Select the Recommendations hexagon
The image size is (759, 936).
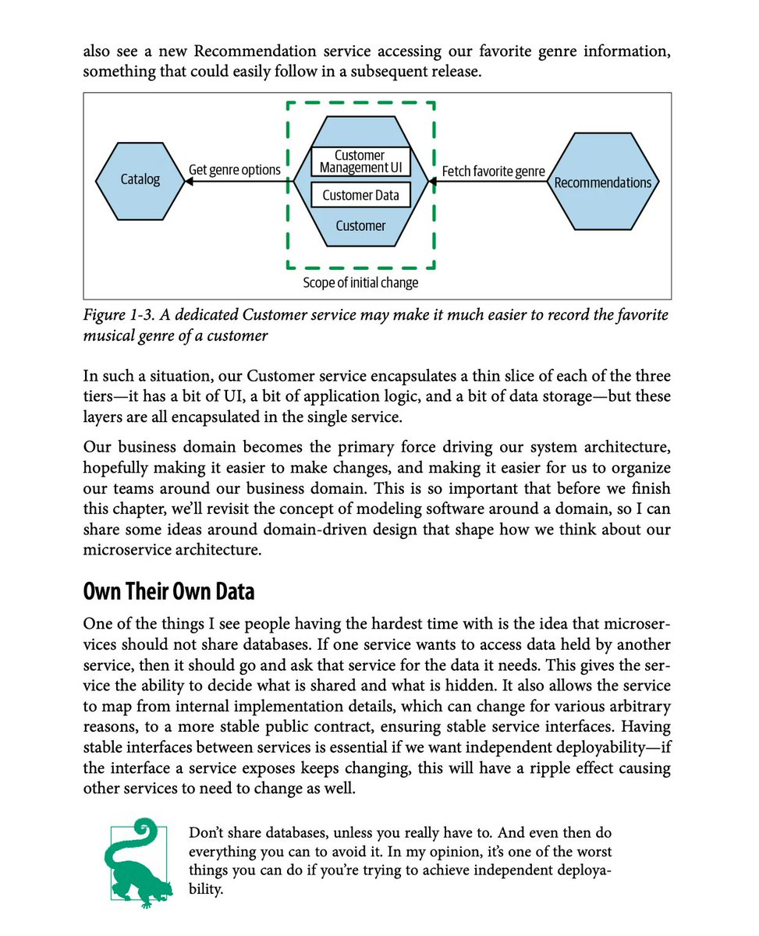(602, 183)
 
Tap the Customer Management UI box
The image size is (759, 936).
(360, 161)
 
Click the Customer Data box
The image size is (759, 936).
(360, 195)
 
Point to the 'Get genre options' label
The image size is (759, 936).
(235, 169)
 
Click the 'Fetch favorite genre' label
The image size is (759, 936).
(493, 171)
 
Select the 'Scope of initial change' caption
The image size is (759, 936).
(360, 282)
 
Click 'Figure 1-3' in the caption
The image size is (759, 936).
(119, 316)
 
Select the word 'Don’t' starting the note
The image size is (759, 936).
(206, 832)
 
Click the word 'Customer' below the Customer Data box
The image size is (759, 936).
(360, 226)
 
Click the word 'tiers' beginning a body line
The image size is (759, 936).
(98, 396)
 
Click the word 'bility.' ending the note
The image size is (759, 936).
(207, 888)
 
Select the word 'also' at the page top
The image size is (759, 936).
(97, 52)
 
